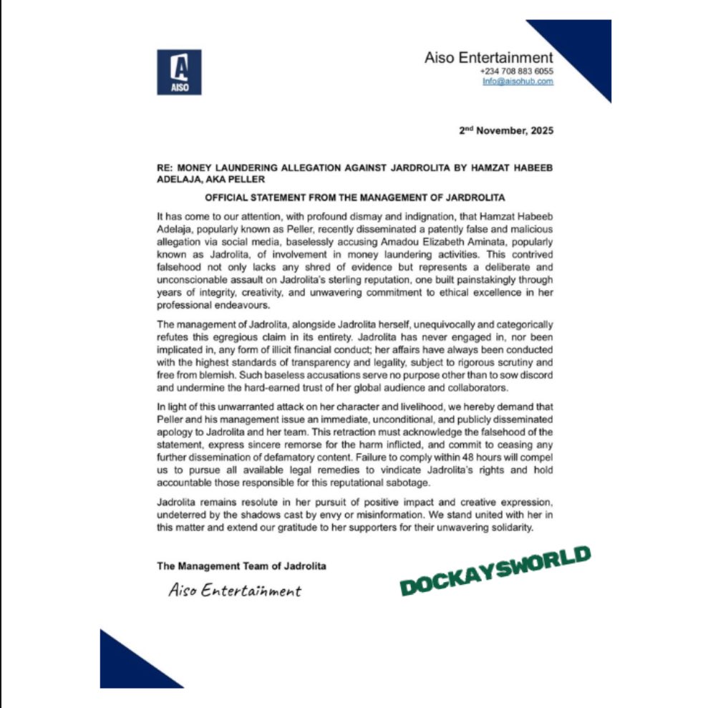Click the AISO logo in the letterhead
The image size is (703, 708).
(178, 72)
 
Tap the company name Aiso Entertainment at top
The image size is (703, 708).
(489, 58)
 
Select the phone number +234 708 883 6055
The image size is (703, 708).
(516, 72)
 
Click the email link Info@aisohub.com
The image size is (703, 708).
(518, 82)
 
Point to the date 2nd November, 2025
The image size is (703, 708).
(505, 131)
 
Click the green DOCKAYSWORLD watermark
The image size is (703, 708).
(495, 571)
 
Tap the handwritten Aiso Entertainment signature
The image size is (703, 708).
(235, 591)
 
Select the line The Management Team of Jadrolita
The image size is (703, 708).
(241, 566)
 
